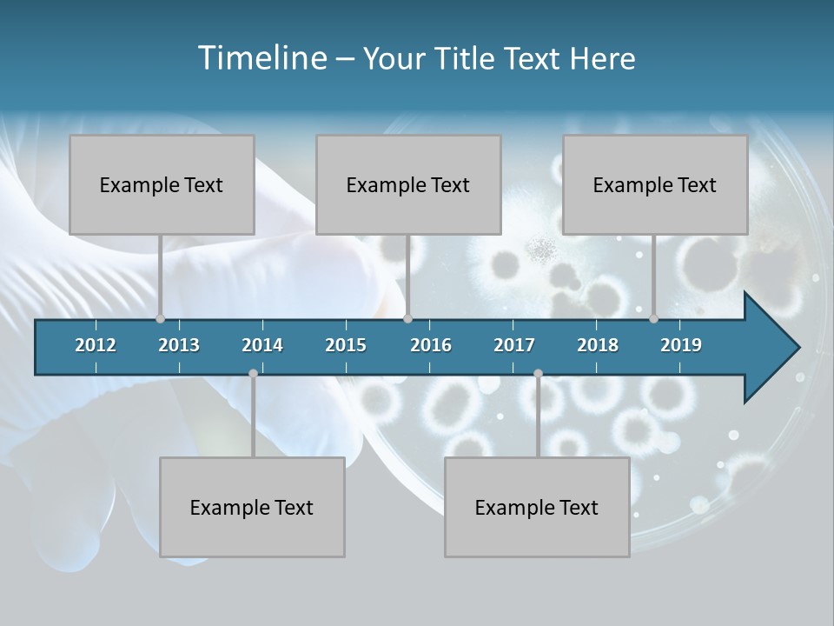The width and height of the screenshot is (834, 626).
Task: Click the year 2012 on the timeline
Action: [x=96, y=345]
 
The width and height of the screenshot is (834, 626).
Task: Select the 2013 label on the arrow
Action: [x=179, y=345]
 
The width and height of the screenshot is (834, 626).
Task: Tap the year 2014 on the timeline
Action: [x=262, y=345]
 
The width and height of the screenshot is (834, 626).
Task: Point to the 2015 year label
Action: [x=346, y=345]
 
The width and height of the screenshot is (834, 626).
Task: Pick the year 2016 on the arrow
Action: [x=431, y=345]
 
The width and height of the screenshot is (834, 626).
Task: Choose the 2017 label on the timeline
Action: [x=514, y=345]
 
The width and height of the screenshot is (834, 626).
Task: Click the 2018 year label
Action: [x=598, y=345]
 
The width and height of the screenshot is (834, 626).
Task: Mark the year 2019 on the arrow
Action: [x=681, y=345]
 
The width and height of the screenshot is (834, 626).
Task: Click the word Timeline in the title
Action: [x=261, y=58]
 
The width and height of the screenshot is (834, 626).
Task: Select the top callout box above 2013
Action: [x=162, y=184]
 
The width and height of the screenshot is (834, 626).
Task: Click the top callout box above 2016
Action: [x=408, y=184]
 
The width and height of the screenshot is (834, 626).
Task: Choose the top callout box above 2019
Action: [x=655, y=184]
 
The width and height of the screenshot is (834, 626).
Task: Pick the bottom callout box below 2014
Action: [x=252, y=507]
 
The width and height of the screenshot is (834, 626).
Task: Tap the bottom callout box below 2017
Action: [x=537, y=507]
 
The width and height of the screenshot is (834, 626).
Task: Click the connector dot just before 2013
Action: [x=160, y=318]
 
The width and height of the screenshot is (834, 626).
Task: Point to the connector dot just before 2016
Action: [x=407, y=318]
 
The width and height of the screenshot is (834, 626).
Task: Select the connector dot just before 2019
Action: [x=653, y=318]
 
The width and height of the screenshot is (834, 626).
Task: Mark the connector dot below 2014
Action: [x=253, y=373]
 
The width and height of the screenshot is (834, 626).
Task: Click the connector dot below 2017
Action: [x=538, y=373]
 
